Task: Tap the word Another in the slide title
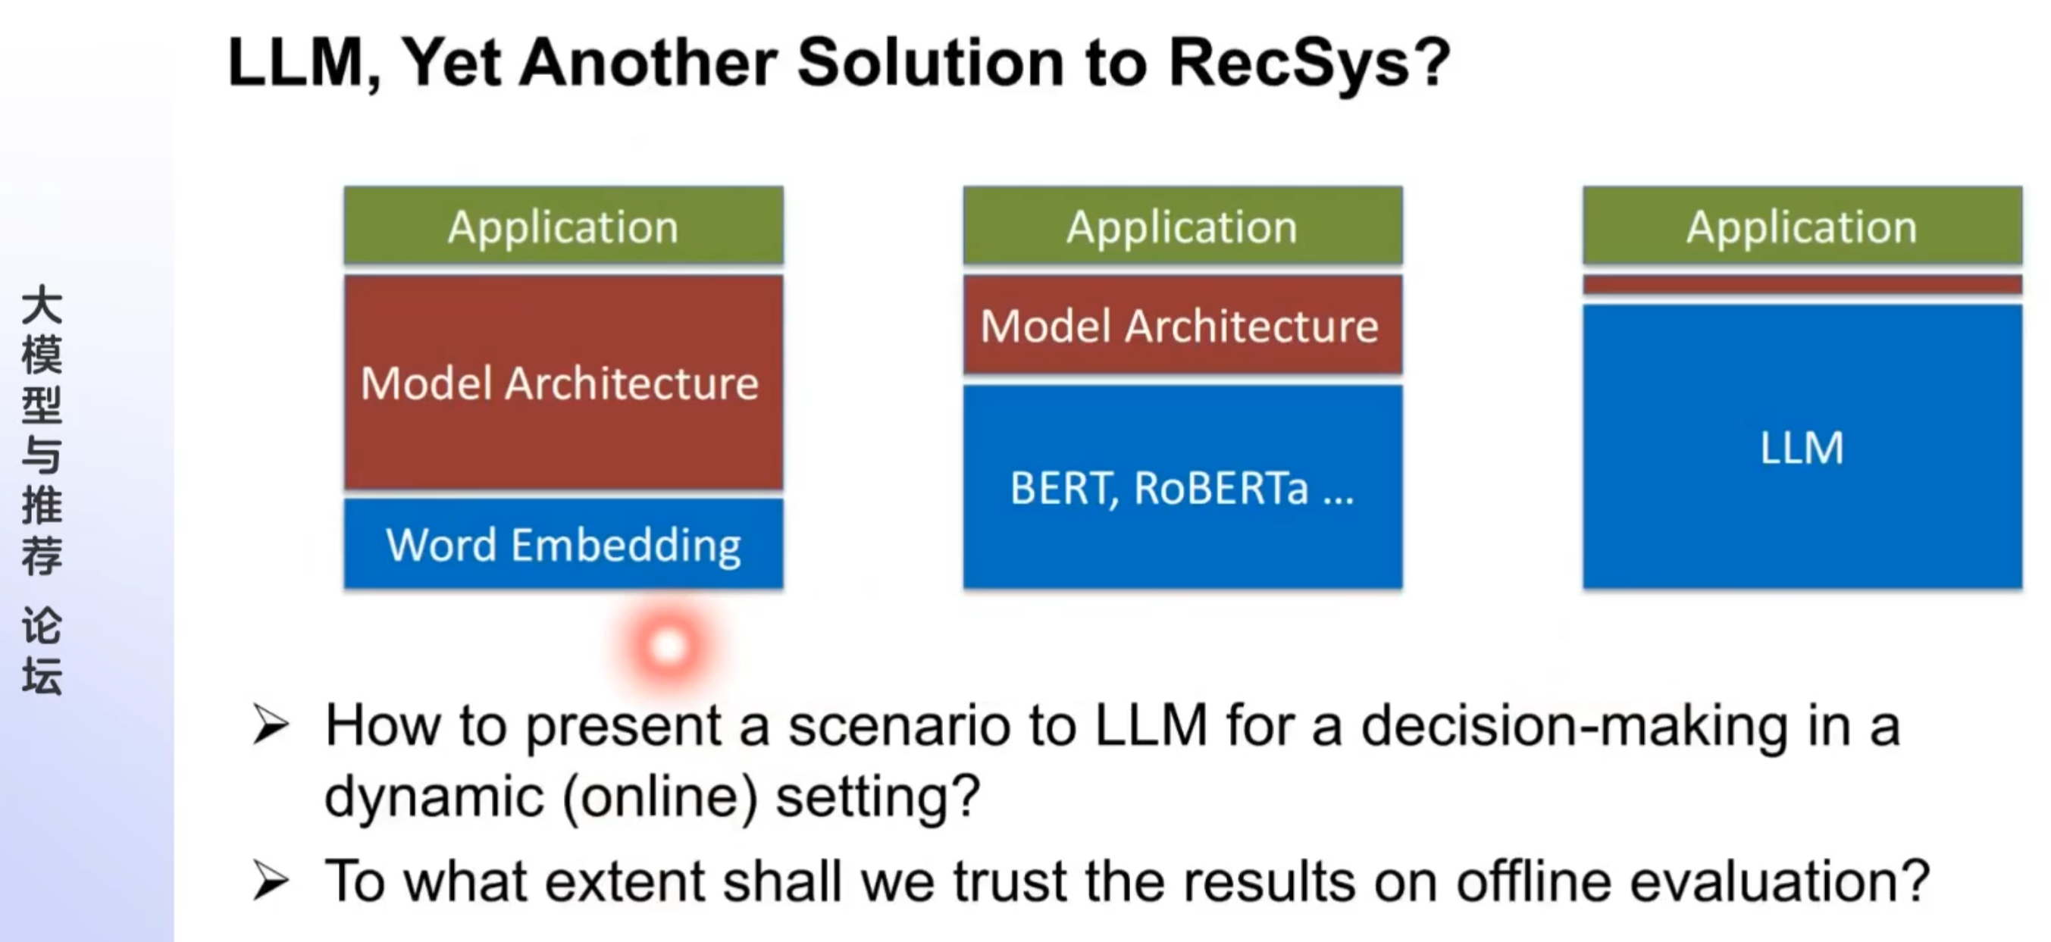coord(648,64)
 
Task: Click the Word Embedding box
coord(563,545)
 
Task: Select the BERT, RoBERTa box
coord(1182,487)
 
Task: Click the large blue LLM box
coord(1802,448)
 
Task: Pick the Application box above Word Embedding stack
coord(563,226)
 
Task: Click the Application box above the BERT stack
coord(1182,226)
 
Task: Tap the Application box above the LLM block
coord(1802,226)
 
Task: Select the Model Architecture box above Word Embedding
coord(563,383)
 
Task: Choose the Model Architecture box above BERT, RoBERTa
coord(1182,326)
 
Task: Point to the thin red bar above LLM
coord(1802,284)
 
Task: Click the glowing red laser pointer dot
coord(667,646)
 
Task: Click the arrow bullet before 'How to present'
coord(271,724)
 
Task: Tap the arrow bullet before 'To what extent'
coord(271,881)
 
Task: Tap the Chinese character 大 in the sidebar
coord(42,305)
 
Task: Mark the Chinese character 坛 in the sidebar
coord(42,677)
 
